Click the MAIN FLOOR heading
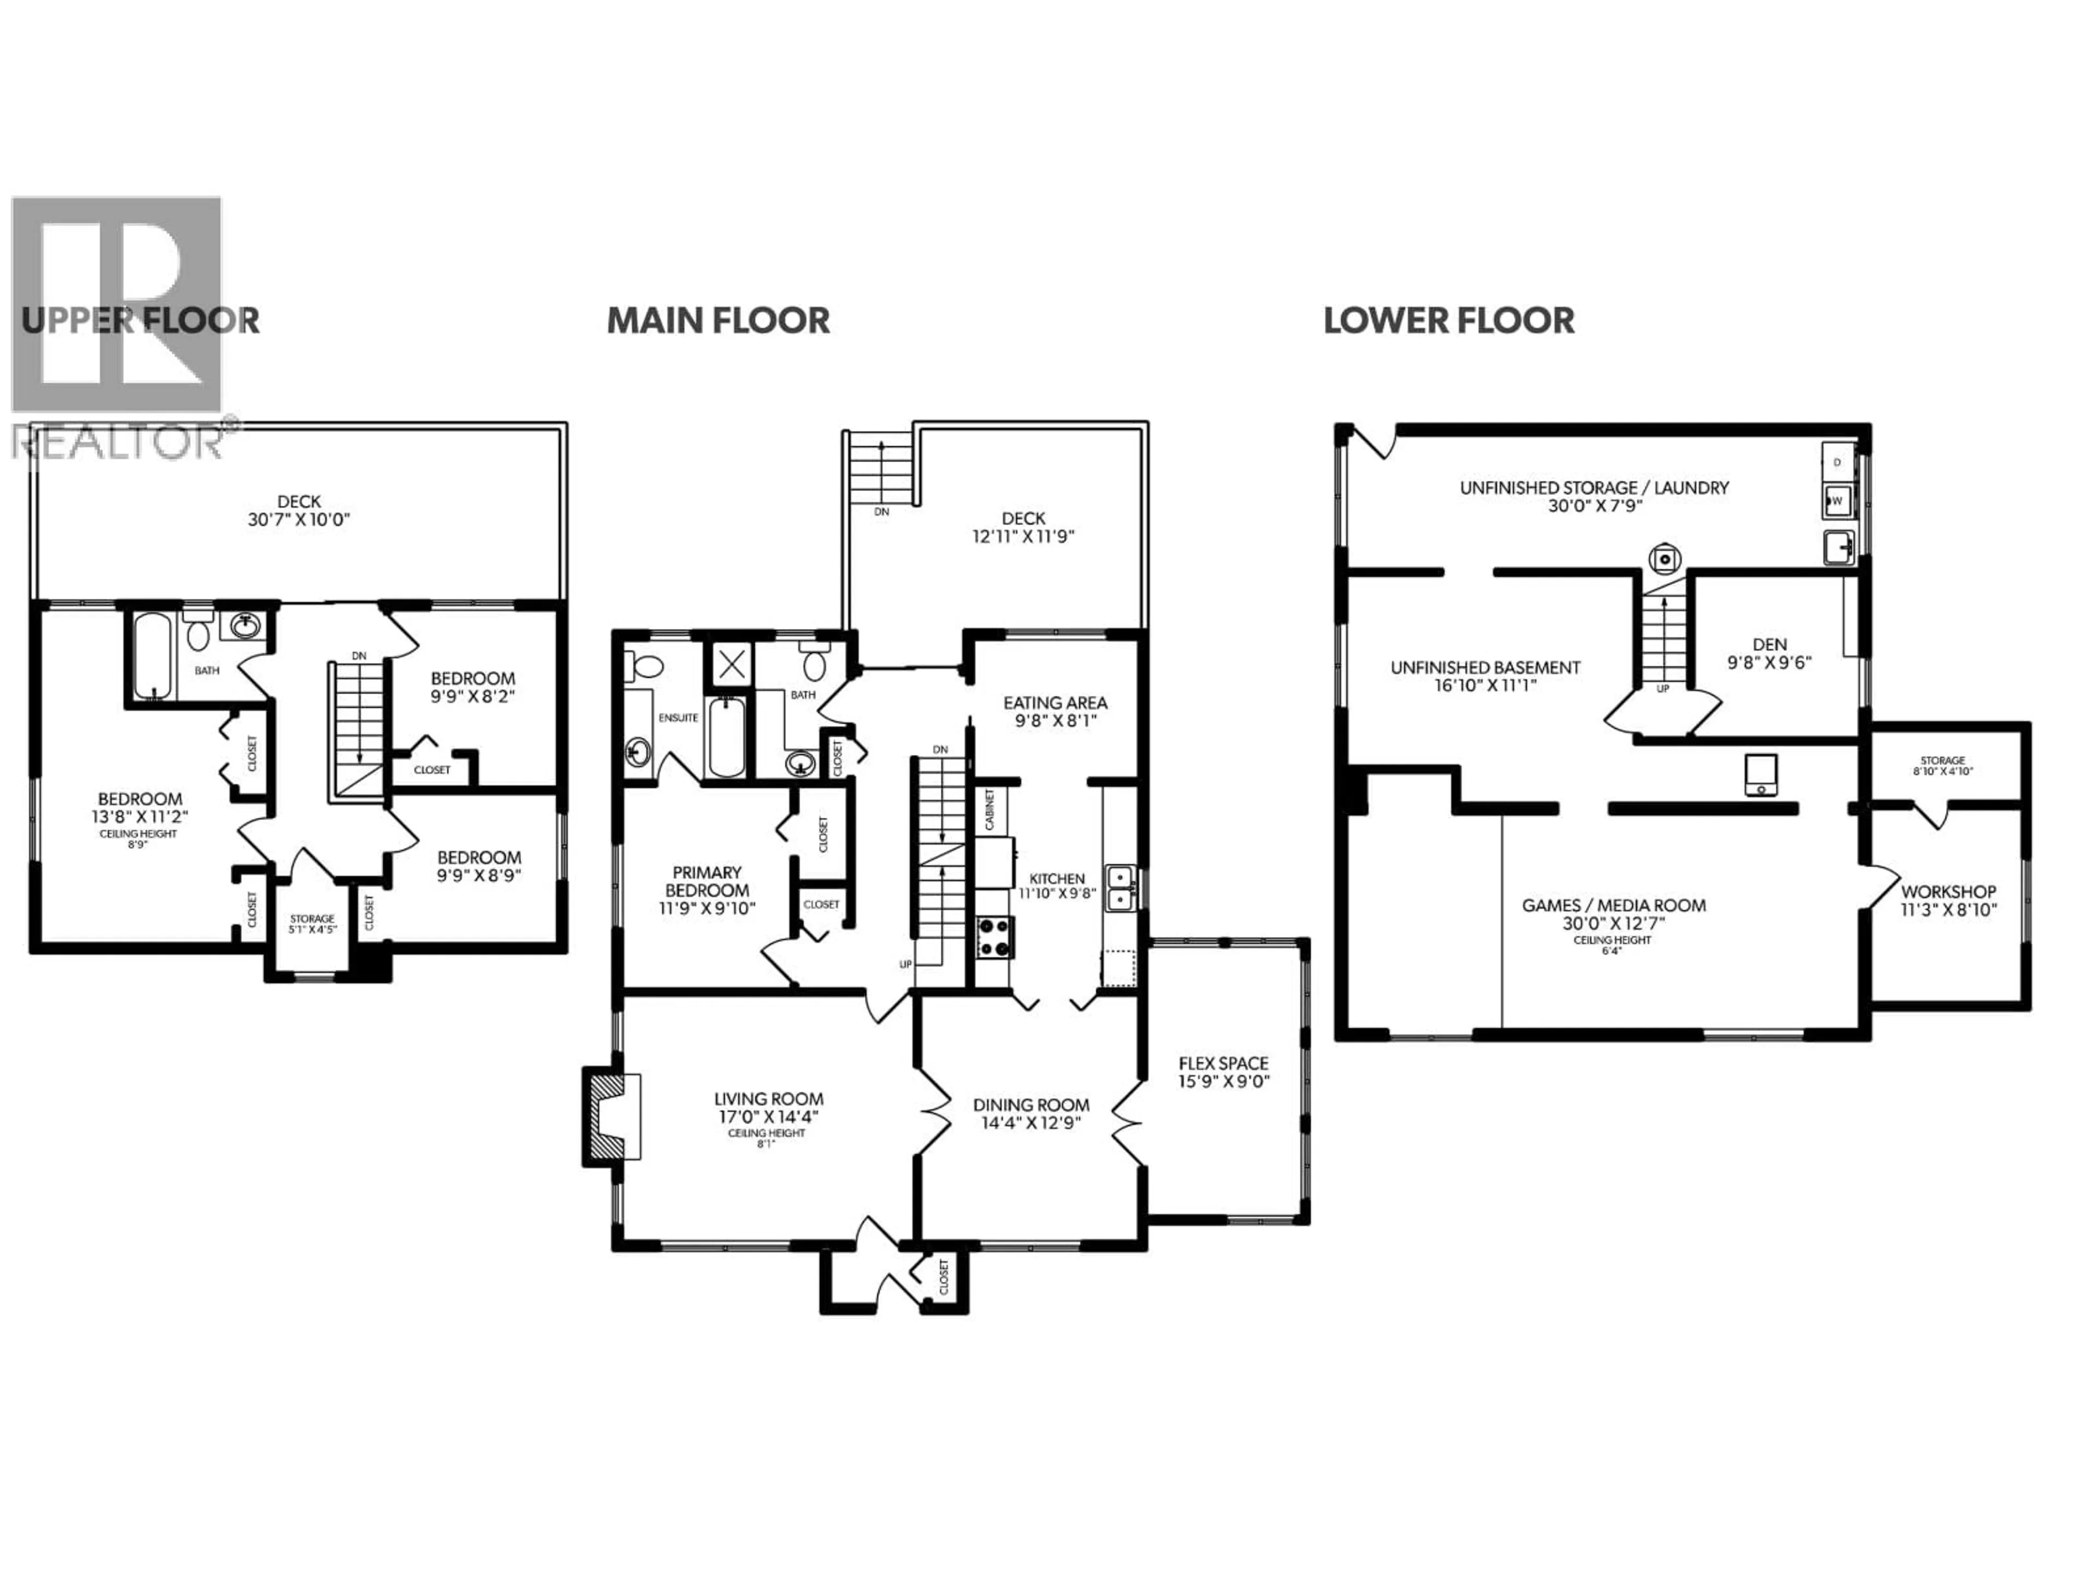[x=718, y=321]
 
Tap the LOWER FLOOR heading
[x=1449, y=321]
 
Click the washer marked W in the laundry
[x=1837, y=500]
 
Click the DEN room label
[x=1769, y=644]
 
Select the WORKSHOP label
[x=1948, y=891]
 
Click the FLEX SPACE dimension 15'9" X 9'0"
[x=1223, y=1081]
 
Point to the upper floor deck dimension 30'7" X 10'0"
[x=299, y=519]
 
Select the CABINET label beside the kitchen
[x=990, y=810]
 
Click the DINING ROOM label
[x=1030, y=1104]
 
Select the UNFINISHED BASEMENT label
[x=1485, y=667]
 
